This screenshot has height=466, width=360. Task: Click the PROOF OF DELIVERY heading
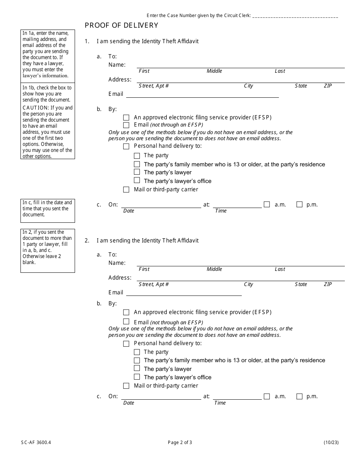(121, 25)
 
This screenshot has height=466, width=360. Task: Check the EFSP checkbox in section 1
(126, 117)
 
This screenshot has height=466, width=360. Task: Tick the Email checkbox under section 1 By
(126, 125)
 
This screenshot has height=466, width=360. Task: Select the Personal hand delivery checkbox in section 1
(126, 146)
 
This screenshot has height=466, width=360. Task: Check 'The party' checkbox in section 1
(137, 156)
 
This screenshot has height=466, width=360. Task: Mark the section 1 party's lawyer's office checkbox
(137, 181)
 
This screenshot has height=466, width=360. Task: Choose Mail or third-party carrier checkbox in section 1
(126, 189)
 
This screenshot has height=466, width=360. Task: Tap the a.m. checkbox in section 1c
(267, 205)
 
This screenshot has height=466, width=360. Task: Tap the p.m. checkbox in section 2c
(299, 396)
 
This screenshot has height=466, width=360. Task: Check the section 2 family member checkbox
(137, 360)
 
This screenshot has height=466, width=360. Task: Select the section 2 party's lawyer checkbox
(137, 369)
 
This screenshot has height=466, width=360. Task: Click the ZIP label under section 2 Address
(328, 284)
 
